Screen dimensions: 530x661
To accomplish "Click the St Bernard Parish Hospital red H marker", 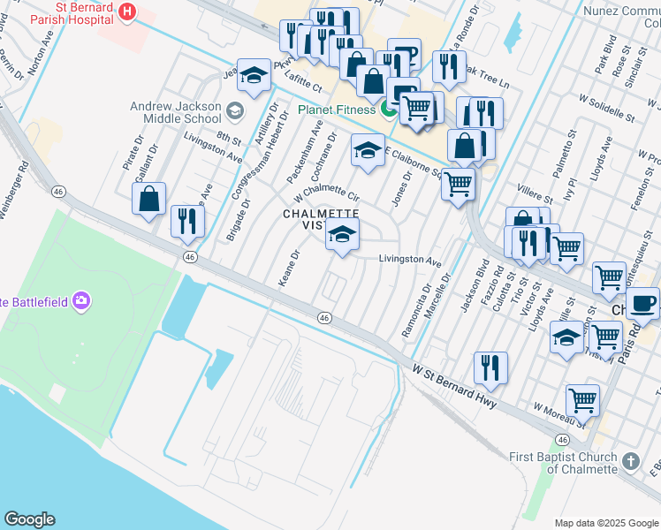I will (127, 11).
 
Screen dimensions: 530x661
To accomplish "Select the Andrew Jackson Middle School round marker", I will (234, 111).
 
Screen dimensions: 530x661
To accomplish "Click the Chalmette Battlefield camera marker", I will (82, 301).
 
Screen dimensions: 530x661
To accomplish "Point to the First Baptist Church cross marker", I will (629, 461).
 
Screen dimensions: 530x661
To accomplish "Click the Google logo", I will (29, 519).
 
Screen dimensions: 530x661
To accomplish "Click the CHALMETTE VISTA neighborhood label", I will (321, 219).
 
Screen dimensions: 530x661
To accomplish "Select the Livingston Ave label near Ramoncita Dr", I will (409, 261).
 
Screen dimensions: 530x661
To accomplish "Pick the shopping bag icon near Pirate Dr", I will (149, 199).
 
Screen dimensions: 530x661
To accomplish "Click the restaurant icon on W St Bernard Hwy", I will (490, 367).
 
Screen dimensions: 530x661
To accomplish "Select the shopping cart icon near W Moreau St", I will (581, 400).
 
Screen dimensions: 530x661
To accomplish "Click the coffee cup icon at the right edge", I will (642, 302).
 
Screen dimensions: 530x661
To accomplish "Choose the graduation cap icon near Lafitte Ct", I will (254, 77).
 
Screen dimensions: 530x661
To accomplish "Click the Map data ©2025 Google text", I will (607, 523).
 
